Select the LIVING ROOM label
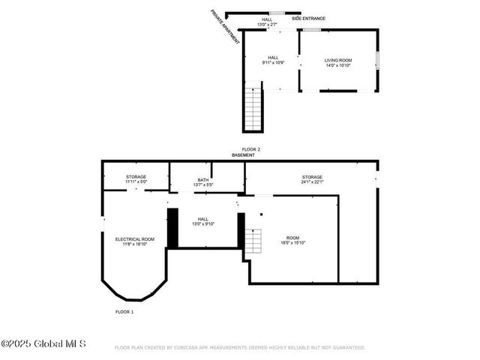pos(337,60)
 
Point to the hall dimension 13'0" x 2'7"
pos(268,25)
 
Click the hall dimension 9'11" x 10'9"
pos(274,64)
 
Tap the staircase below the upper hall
pos(253,109)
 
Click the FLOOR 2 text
pos(250,149)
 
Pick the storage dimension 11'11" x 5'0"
pos(136,181)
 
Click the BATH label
pos(202,179)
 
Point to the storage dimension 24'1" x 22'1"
pos(312,181)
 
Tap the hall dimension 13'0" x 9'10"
pos(202,223)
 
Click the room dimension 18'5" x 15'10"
pos(292,243)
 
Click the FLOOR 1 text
pos(124,311)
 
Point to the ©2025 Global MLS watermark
pos(43,344)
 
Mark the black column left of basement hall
pos(172,228)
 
